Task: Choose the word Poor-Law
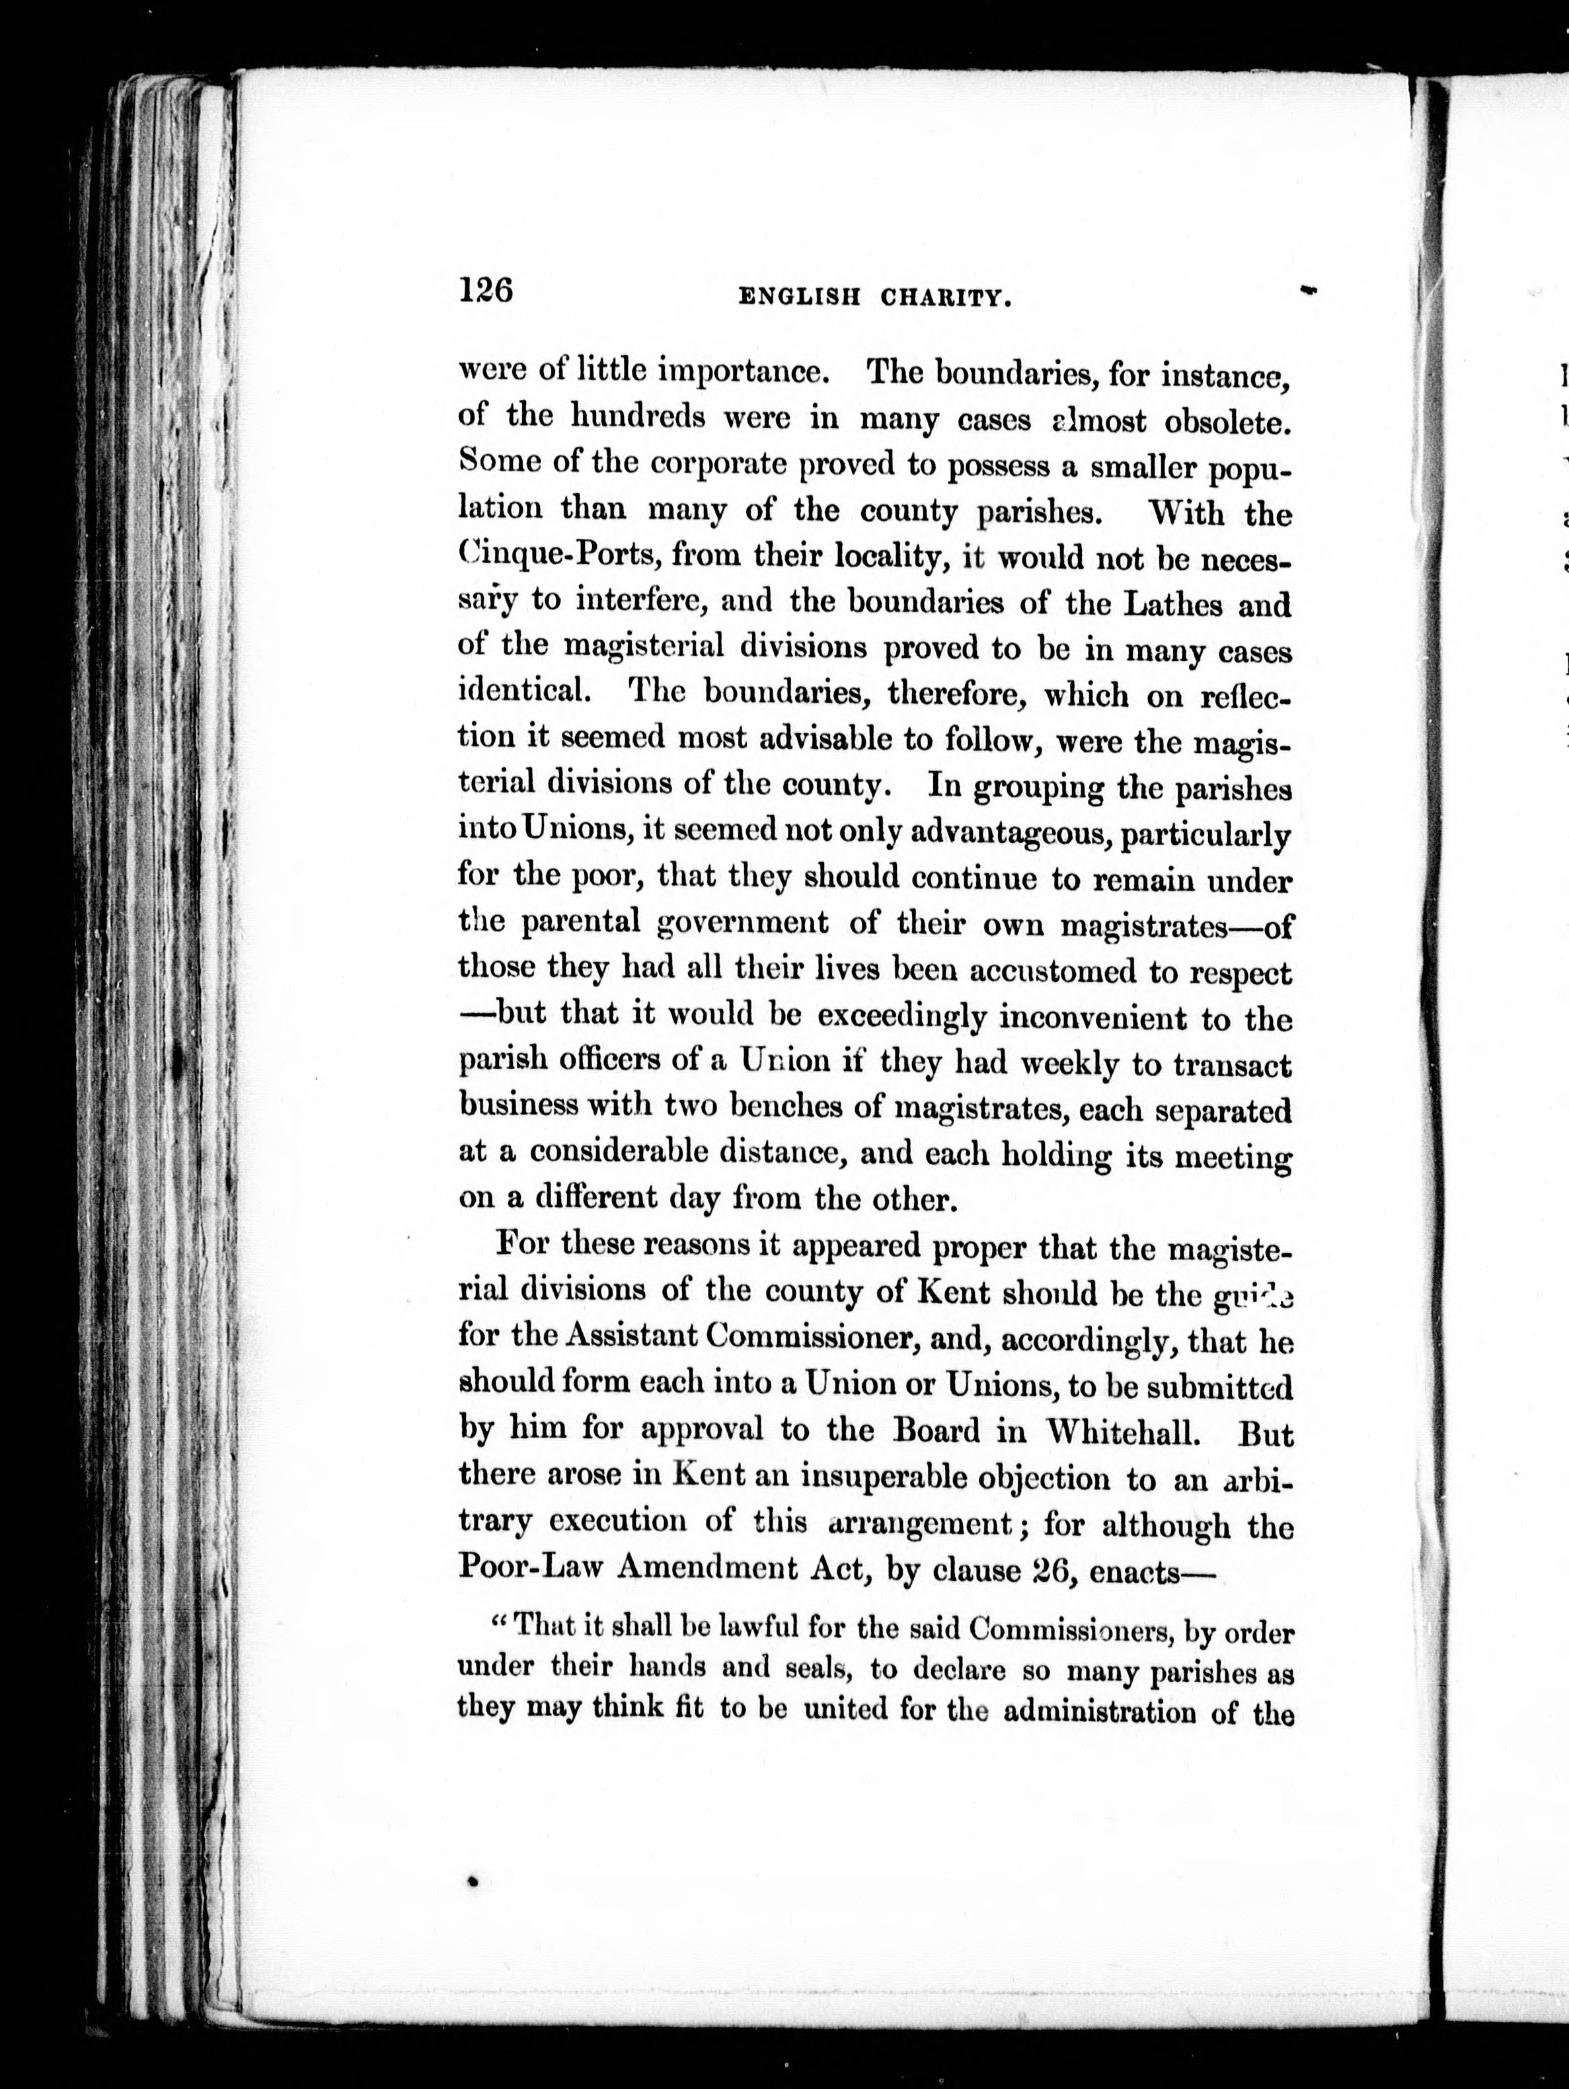tap(529, 1569)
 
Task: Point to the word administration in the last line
tap(1100, 1712)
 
